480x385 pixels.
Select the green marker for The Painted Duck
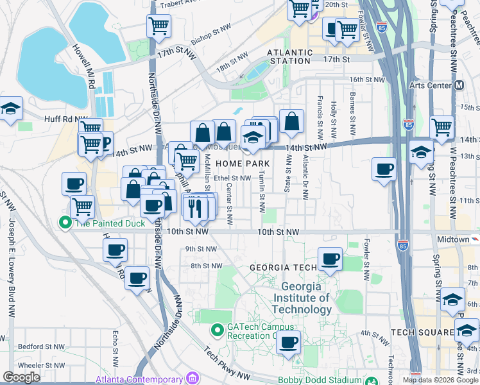pyautogui.click(x=65, y=223)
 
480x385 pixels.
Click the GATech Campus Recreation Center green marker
pyautogui.click(x=217, y=330)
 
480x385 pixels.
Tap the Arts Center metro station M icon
pyautogui.click(x=459, y=85)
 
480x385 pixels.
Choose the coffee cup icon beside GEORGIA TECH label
pyautogui.click(x=330, y=259)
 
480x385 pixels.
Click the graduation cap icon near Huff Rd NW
pyautogui.click(x=11, y=108)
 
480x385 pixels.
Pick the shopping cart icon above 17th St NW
pyautogui.click(x=159, y=26)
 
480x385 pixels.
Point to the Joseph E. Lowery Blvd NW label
pyautogui.click(x=11, y=269)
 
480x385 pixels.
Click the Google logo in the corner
pyautogui.click(x=22, y=377)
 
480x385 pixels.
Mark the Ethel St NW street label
pyautogui.click(x=232, y=178)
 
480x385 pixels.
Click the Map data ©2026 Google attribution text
pyautogui.click(x=440, y=380)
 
